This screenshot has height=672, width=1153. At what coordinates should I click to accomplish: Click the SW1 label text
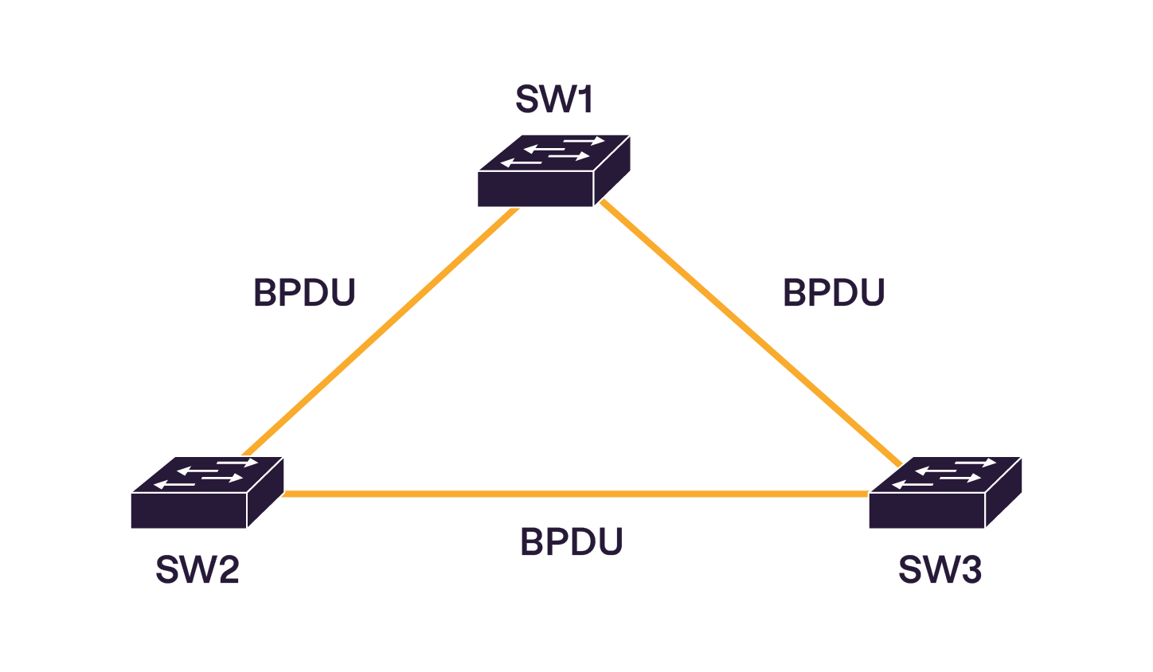tap(554, 100)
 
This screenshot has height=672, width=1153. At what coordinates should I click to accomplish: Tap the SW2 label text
tap(197, 570)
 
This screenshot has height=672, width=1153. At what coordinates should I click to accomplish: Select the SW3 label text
tap(940, 570)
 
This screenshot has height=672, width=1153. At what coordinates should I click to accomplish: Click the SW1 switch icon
tap(554, 170)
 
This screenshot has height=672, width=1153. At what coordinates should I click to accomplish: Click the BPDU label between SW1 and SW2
tap(304, 293)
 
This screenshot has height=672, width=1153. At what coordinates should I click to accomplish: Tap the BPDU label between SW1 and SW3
tap(834, 292)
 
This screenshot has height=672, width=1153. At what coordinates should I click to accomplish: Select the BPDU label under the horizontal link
tap(571, 542)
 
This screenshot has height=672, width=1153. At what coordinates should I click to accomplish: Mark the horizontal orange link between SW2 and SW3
tap(573, 494)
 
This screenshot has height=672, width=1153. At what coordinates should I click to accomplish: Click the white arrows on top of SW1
tap(553, 152)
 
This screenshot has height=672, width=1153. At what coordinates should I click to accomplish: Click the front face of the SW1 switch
tap(535, 189)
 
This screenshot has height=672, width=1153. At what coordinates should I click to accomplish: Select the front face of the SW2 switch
tap(189, 510)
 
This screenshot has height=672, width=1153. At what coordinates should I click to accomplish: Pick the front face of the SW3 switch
tap(927, 510)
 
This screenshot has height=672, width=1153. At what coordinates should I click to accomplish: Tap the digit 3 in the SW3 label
tap(970, 570)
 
